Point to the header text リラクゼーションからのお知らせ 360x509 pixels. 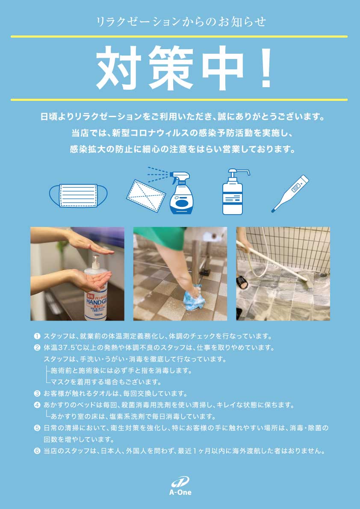(x=180, y=21)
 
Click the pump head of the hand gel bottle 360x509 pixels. (x=95, y=258)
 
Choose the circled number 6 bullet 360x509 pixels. (x=37, y=450)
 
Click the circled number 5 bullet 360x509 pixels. (x=37, y=427)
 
